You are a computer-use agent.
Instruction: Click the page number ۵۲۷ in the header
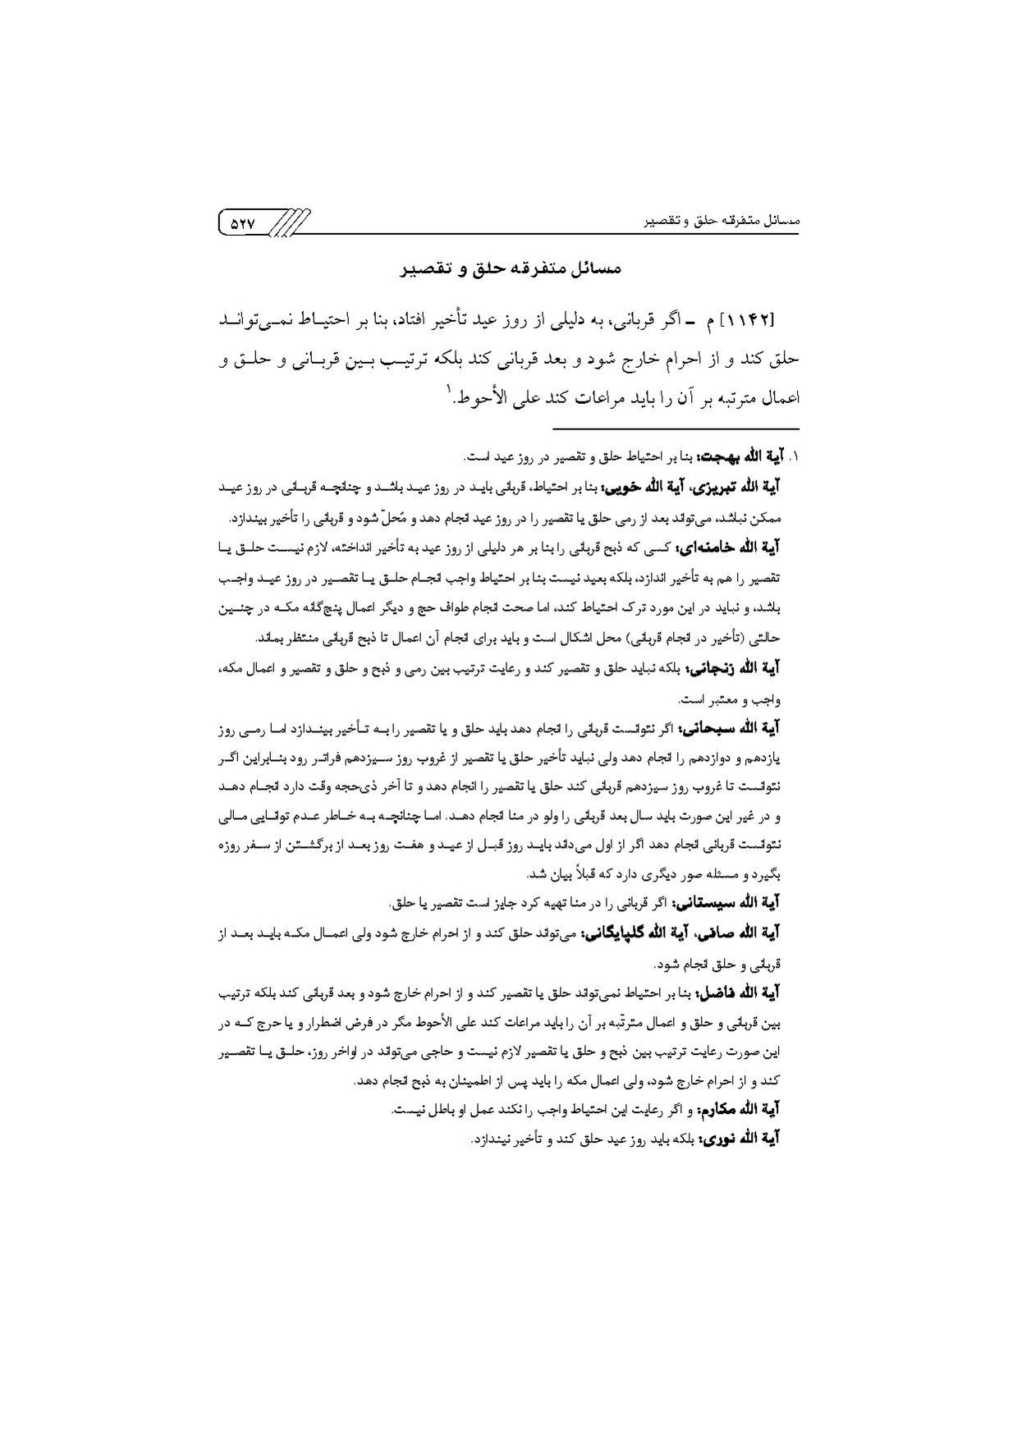pyautogui.click(x=245, y=222)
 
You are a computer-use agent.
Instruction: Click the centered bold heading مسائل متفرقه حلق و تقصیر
pyautogui.click(x=510, y=268)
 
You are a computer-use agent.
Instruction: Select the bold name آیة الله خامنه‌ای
pyautogui.click(x=741, y=546)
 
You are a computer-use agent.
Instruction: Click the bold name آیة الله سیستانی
pyautogui.click(x=738, y=903)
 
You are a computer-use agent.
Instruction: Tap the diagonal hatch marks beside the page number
pyautogui.click(x=290, y=222)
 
